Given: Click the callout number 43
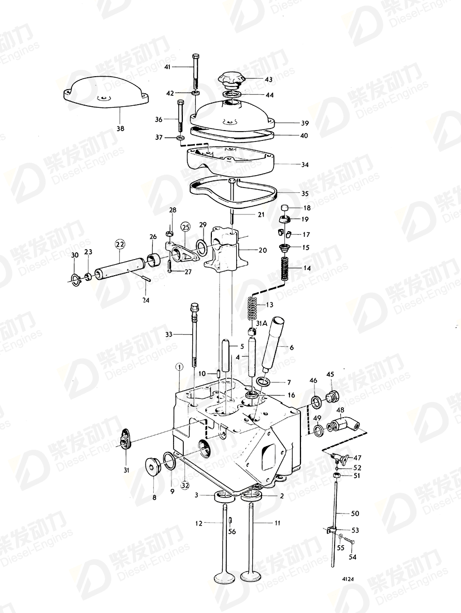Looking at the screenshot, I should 268,80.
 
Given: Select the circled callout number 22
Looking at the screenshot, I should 120,244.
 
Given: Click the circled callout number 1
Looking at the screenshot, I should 179,367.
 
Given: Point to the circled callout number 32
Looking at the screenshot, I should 184,486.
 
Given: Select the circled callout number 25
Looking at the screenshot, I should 185,226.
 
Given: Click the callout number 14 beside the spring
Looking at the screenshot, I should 307,268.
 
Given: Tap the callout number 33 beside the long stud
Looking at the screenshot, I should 168,335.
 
